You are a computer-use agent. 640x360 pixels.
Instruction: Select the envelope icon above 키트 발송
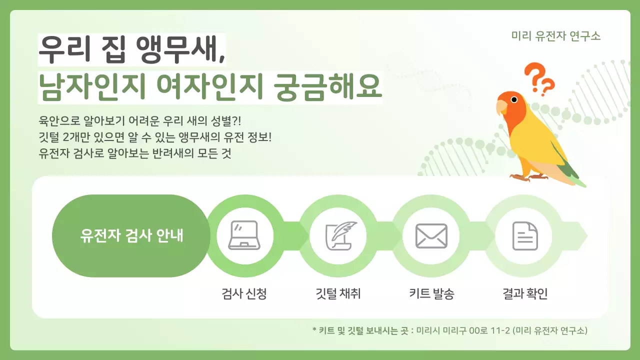[431, 235]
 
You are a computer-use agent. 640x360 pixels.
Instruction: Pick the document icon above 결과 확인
[525, 235]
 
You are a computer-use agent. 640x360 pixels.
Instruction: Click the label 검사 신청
[244, 293]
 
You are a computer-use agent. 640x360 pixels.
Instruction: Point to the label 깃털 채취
[335, 293]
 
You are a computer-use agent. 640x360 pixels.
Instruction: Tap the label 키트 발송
[431, 293]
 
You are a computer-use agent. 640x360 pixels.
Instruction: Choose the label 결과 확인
[525, 293]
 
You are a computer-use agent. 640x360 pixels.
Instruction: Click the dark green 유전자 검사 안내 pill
[131, 235]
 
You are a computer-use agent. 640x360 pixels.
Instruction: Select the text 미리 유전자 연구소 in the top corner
[556, 36]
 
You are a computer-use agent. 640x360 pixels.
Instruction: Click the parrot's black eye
[513, 99]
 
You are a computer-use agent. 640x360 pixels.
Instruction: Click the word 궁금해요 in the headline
[328, 87]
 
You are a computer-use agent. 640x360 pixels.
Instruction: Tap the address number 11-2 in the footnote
[500, 331]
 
